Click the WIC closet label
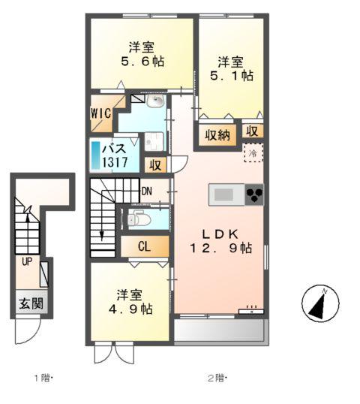[x=102, y=113]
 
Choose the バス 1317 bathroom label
[x=118, y=155]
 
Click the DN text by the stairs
[x=147, y=191]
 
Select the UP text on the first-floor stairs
[x=26, y=262]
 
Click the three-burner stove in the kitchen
[x=253, y=195]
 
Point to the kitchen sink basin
[x=224, y=195]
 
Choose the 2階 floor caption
[x=217, y=378]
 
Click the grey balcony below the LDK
[x=219, y=330]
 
